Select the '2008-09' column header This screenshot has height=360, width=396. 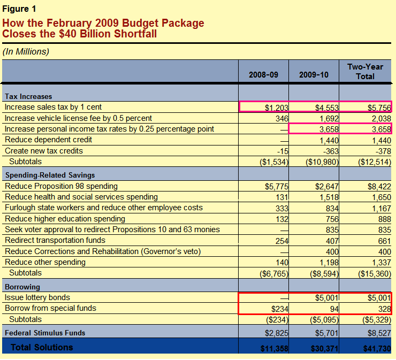pyautogui.click(x=263, y=75)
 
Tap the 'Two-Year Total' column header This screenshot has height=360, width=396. pyautogui.click(x=365, y=72)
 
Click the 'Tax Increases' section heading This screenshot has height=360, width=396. pyautogui.click(x=28, y=97)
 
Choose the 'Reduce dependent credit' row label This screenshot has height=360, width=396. pyautogui.click(x=48, y=140)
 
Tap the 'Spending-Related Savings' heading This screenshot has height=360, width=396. pyautogui.click(x=50, y=175)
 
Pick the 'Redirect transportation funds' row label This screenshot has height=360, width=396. pyautogui.click(x=55, y=240)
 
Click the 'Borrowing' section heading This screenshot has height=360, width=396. pyautogui.click(x=22, y=287)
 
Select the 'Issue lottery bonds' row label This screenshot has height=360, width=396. pyautogui.click(x=37, y=297)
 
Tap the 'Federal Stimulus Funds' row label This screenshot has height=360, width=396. pyautogui.click(x=45, y=333)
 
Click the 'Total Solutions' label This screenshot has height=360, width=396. pyautogui.click(x=42, y=348)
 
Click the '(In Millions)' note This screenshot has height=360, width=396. pyautogui.click(x=26, y=52)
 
